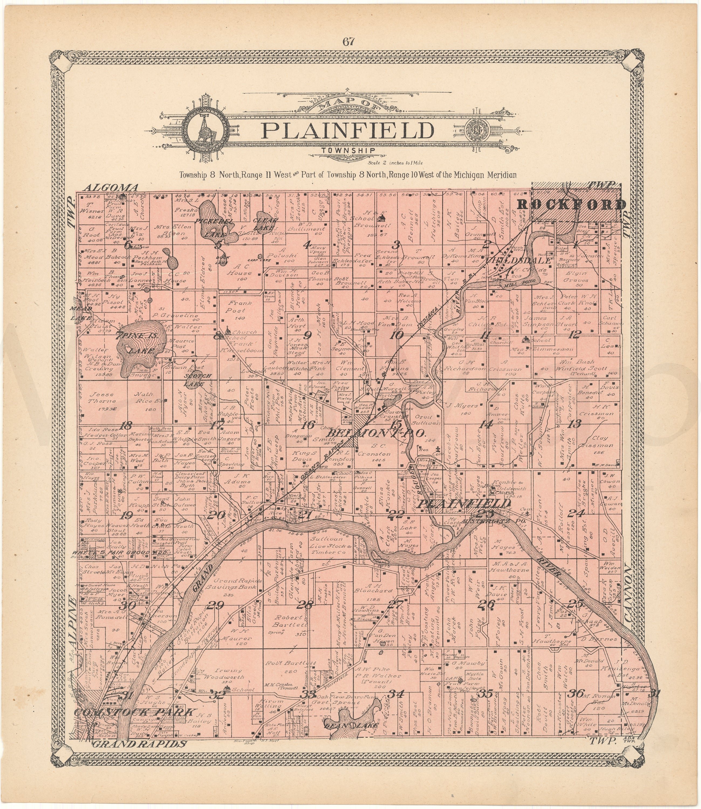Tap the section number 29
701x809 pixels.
click(215, 605)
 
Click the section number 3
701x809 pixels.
click(397, 245)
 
